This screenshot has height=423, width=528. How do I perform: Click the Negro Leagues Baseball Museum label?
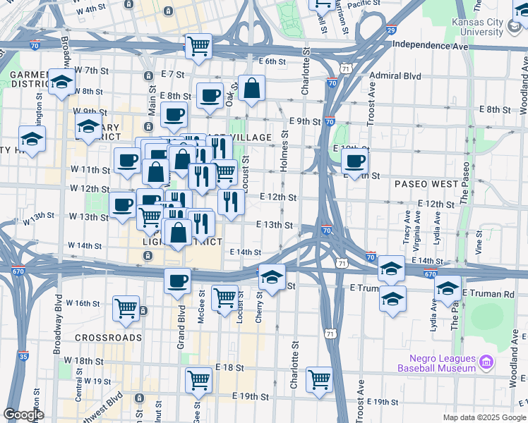point(436,363)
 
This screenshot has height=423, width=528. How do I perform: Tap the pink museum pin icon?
point(485,363)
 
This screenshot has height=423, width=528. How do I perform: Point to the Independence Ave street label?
point(431,45)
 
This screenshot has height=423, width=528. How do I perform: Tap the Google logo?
point(23,415)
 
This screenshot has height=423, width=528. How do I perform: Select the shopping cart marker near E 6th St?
point(199,47)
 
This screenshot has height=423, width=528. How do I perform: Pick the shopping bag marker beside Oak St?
point(251,88)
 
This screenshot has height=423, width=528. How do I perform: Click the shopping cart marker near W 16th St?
point(126,308)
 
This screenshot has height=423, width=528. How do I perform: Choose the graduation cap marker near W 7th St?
point(61,81)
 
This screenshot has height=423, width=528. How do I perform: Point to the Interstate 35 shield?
point(23,358)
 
